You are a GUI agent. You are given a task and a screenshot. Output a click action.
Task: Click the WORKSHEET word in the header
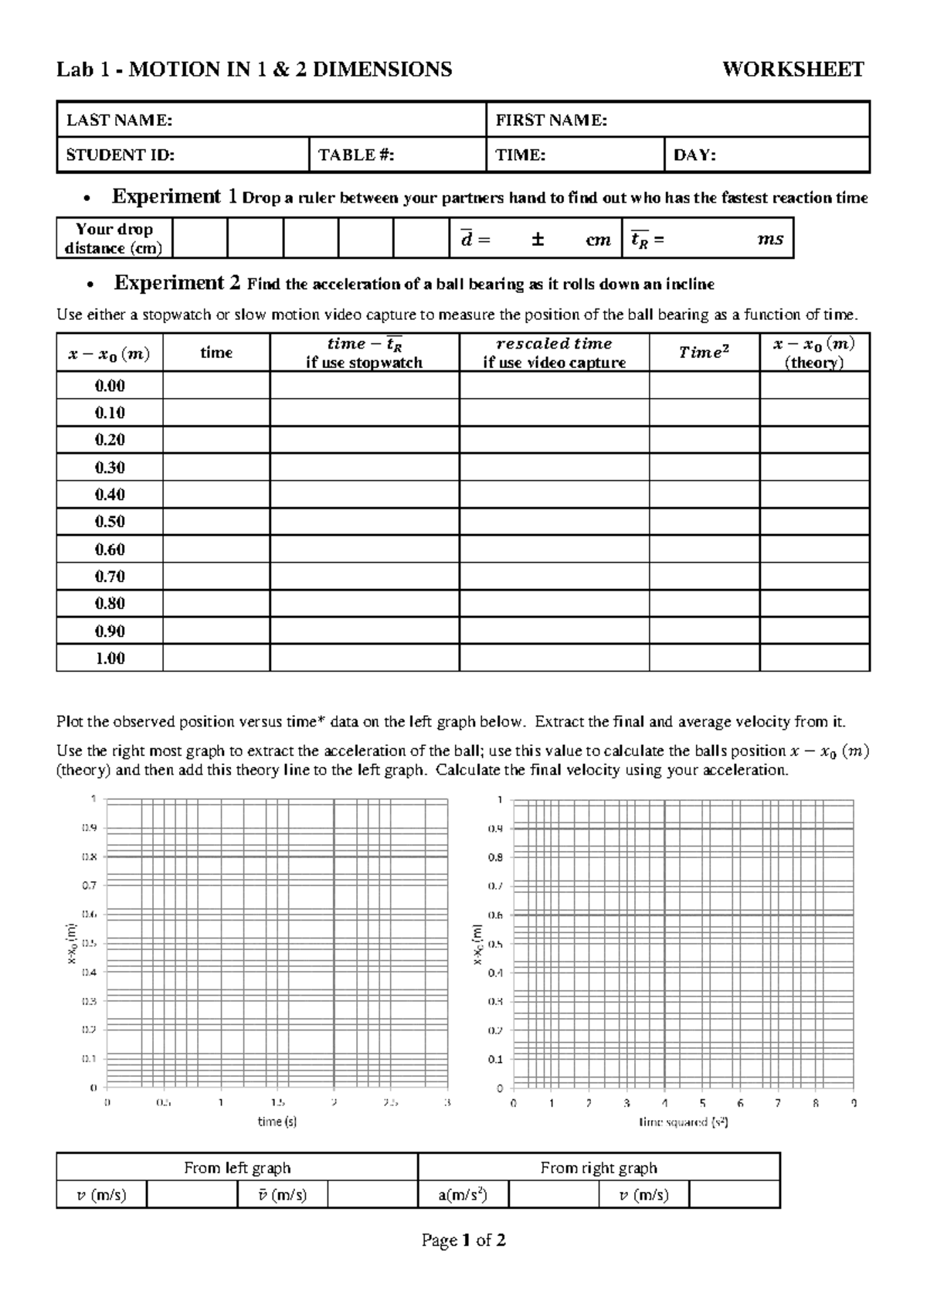[793, 70]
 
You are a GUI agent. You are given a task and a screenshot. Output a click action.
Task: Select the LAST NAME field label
[119, 120]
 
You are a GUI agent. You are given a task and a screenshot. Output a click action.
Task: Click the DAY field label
[694, 155]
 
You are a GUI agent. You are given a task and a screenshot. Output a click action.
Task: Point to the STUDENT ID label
[120, 155]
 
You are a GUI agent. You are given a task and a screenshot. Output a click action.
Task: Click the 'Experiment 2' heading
[177, 283]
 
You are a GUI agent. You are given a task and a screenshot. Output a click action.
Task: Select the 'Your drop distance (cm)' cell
[114, 238]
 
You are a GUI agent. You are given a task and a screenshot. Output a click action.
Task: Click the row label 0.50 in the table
[110, 522]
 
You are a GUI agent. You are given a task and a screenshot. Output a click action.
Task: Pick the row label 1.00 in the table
[110, 659]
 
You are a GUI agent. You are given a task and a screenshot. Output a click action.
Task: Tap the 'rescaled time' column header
[554, 343]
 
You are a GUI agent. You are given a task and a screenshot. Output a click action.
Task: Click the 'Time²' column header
[704, 352]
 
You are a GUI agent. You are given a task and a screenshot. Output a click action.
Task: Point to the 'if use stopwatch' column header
[364, 363]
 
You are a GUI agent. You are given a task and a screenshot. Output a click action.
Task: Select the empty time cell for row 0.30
[216, 468]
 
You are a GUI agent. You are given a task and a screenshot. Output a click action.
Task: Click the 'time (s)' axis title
[277, 1122]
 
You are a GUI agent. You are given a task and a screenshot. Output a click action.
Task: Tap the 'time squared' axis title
[684, 1122]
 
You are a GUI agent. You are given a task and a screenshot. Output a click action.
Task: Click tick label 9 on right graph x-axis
[854, 1104]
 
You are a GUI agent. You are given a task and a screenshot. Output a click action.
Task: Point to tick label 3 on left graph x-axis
[447, 1104]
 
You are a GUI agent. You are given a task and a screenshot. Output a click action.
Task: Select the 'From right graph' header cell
[599, 1168]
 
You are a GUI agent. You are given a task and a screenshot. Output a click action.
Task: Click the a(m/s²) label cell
[463, 1195]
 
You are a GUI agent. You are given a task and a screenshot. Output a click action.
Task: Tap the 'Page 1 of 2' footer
[463, 1241]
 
